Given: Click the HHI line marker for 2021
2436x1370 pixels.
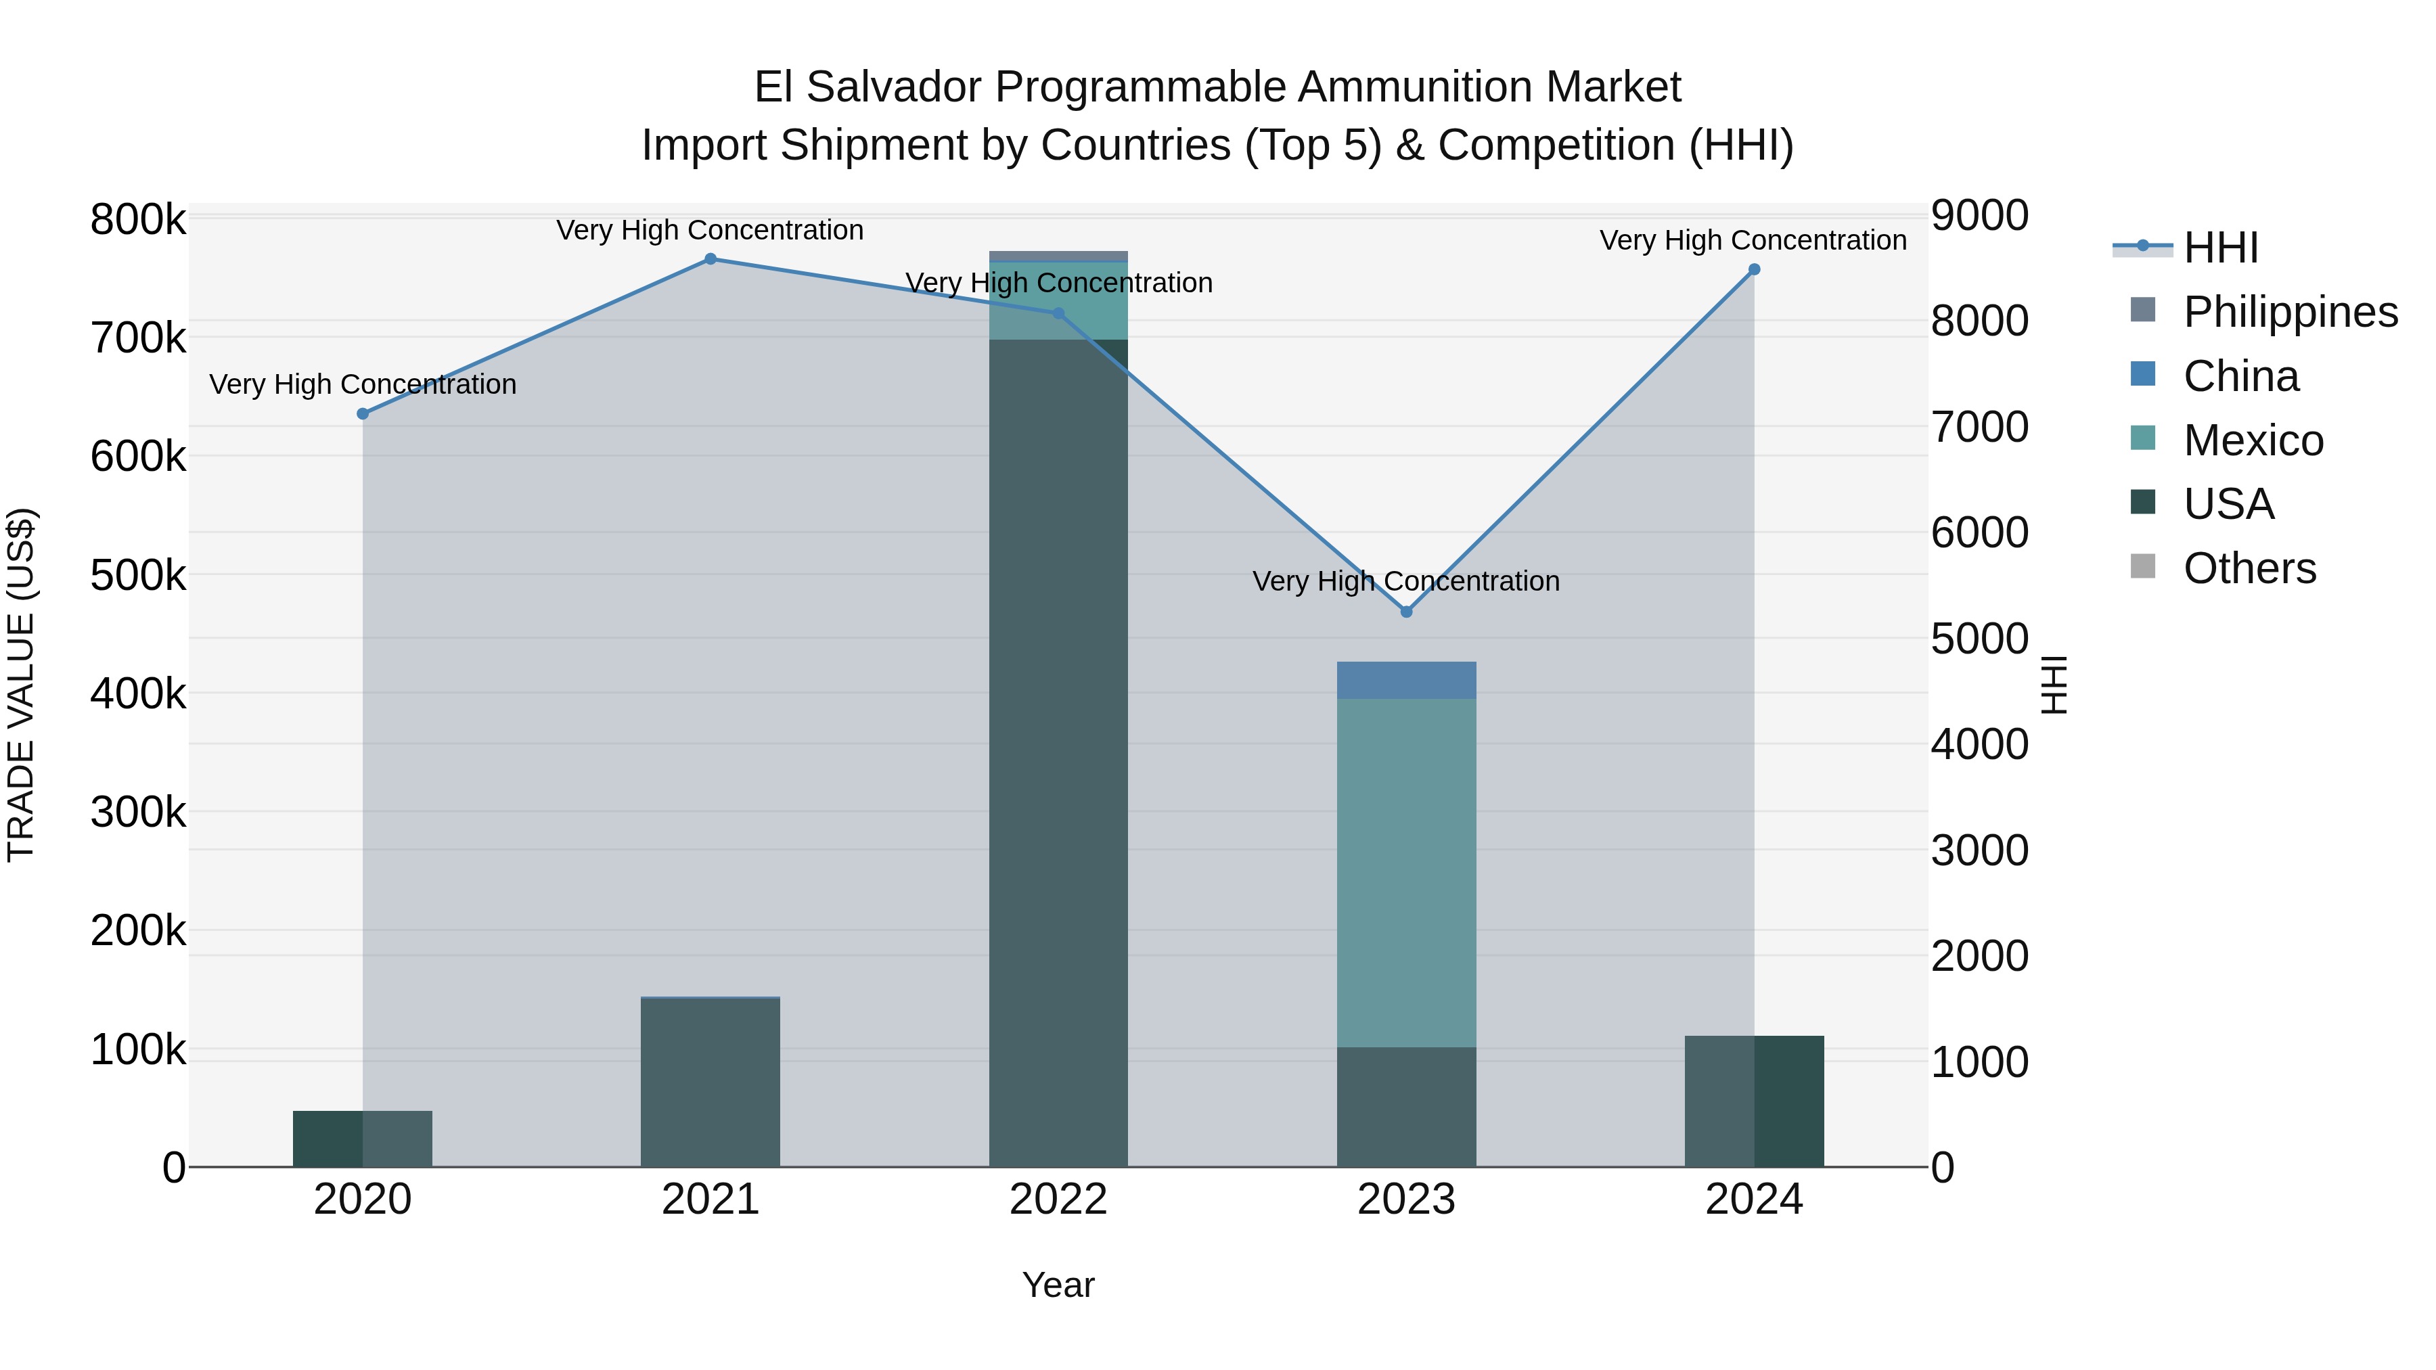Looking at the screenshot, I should (710, 259).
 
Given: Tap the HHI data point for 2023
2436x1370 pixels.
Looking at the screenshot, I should (1406, 612).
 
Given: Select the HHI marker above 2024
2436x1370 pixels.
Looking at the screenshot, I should (1754, 269).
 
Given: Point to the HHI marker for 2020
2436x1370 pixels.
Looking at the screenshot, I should (362, 413).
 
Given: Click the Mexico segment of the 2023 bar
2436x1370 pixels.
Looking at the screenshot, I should (1406, 872).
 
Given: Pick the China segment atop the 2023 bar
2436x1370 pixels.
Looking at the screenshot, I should (1406, 680).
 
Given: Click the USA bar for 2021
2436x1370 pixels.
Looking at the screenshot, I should (710, 1082).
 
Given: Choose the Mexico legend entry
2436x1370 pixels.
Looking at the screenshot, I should (2253, 440).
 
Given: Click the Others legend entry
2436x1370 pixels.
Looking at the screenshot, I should (2249, 568).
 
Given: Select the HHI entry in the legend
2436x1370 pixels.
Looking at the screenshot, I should (2219, 248).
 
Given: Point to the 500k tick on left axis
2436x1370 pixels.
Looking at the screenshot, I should (138, 575).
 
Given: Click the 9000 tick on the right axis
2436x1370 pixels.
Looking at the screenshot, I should (1979, 216).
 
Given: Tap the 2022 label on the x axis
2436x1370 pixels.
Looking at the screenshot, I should (1058, 1200).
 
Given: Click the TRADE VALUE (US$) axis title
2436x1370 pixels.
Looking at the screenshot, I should (21, 685).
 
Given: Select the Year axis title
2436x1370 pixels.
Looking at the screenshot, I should (1058, 1285).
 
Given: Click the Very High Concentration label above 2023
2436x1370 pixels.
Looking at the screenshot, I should (1406, 580).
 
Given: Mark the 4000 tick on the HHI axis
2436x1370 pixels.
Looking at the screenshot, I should (1979, 744).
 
